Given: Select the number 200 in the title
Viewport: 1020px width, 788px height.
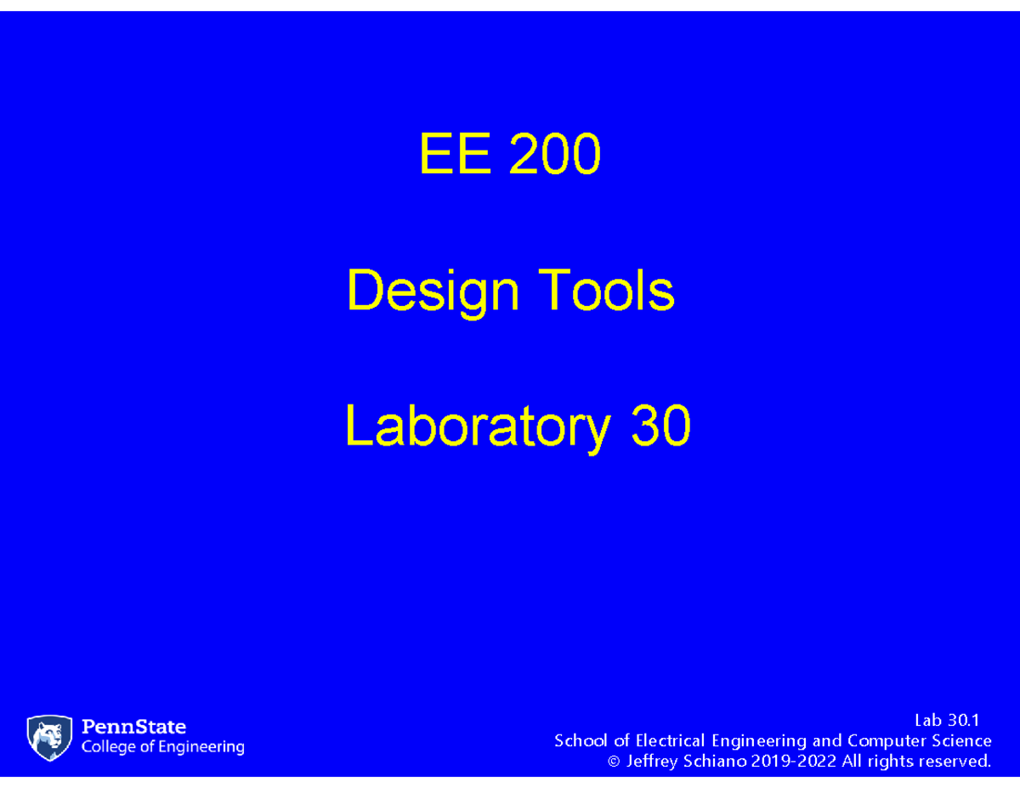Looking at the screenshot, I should (555, 156).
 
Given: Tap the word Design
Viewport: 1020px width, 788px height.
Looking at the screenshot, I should (433, 292).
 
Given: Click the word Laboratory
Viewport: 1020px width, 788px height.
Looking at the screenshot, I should (477, 427).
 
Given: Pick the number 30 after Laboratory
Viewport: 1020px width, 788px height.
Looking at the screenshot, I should (660, 427).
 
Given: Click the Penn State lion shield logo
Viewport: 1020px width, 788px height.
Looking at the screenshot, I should (49, 737).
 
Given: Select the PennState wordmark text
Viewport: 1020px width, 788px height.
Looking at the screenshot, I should (133, 727).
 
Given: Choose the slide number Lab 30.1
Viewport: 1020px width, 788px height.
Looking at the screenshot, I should (947, 721).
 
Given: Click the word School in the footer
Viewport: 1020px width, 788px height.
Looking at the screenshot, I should (580, 740).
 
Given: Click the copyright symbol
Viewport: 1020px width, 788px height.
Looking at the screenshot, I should (615, 762).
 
